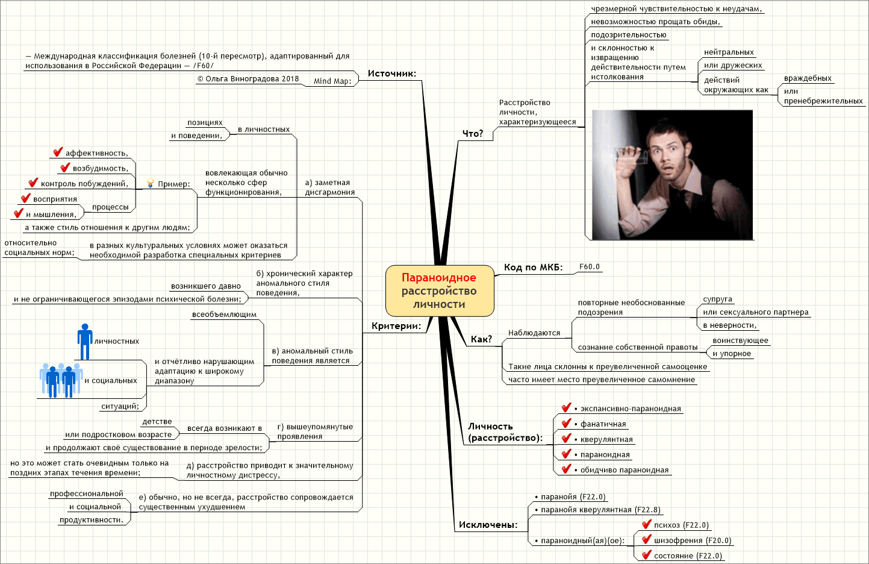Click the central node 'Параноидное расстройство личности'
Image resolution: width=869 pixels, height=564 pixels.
click(x=440, y=290)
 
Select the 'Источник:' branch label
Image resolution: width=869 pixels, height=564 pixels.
click(x=392, y=74)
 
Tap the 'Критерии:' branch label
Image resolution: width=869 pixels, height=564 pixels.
click(x=396, y=326)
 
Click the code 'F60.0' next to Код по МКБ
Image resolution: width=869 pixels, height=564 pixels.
click(x=590, y=267)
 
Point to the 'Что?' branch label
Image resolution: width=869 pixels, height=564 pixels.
click(x=473, y=134)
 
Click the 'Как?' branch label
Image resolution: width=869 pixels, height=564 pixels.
click(x=481, y=339)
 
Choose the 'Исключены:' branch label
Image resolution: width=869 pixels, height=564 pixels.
click(x=488, y=525)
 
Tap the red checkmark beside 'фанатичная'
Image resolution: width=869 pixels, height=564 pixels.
click(x=567, y=423)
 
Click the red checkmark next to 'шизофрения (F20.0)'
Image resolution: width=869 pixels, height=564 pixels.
click(x=646, y=539)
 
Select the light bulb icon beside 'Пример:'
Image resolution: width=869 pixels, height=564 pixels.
click(x=151, y=183)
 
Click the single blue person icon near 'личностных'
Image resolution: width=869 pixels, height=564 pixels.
click(x=85, y=342)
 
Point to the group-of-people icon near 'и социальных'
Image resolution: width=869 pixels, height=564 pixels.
click(x=61, y=380)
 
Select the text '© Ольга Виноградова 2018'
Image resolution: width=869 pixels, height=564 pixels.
click(x=248, y=79)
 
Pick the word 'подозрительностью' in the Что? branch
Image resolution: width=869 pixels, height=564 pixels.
click(x=629, y=35)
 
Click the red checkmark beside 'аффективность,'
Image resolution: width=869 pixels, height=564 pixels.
click(x=58, y=152)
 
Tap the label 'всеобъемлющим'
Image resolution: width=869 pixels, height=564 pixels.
click(x=224, y=315)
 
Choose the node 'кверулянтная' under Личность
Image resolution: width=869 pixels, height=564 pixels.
click(x=603, y=439)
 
